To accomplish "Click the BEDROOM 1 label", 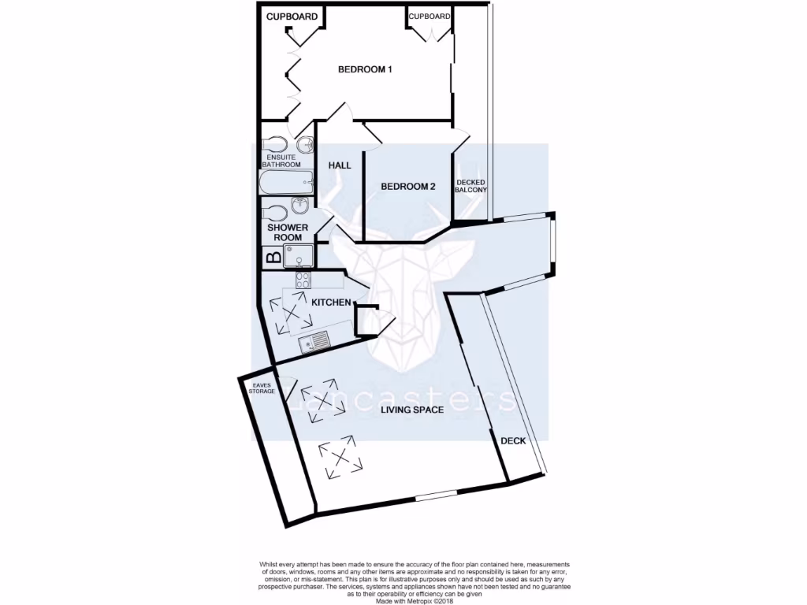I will [x=365, y=69].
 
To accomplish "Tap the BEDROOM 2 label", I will [x=407, y=187].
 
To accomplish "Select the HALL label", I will [x=340, y=165].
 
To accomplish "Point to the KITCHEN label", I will [x=331, y=302].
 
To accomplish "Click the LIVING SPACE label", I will [x=412, y=410].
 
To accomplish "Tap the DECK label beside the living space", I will [x=512, y=441].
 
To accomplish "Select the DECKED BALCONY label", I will [x=471, y=187].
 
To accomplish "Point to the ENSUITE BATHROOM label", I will [x=281, y=161].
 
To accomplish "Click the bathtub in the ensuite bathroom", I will [x=284, y=183].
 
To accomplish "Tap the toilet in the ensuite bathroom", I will [x=274, y=145].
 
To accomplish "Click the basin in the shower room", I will [x=300, y=206].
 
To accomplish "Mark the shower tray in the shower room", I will [x=299, y=255].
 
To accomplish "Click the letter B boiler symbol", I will [x=273, y=256].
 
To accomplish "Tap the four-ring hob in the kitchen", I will [x=303, y=280].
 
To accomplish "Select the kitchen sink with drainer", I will [x=313, y=343].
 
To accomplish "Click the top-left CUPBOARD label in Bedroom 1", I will [x=292, y=17].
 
